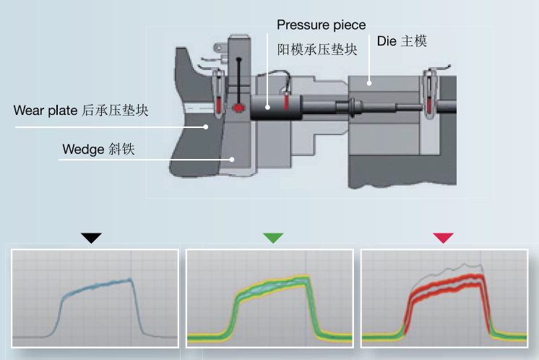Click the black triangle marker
click(91, 238)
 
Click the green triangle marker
click(273, 238)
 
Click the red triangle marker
click(443, 238)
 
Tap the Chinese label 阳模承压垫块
click(318, 49)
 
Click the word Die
click(387, 42)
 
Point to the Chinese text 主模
click(414, 42)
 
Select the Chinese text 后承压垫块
click(117, 111)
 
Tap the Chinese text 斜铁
click(122, 150)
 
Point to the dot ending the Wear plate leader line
click(207, 127)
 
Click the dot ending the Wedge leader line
click(232, 159)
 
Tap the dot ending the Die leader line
click(369, 83)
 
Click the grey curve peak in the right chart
click(477, 265)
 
